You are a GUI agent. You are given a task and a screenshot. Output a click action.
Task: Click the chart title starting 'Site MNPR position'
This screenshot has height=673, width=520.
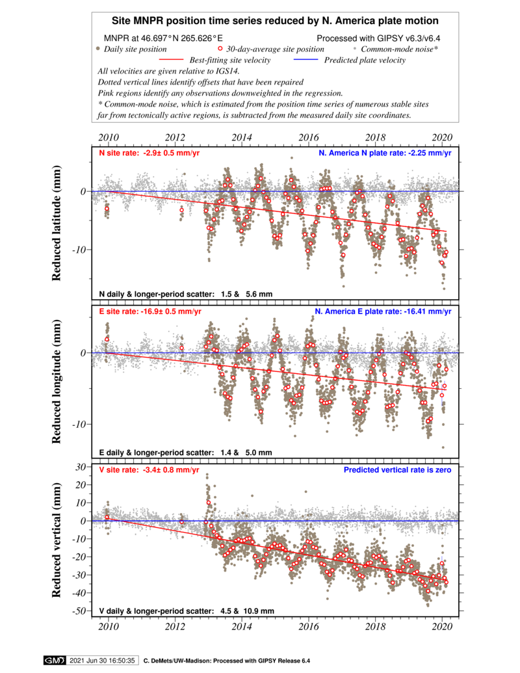(x=275, y=21)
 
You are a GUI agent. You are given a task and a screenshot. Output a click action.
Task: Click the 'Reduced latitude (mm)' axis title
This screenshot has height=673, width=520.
(x=56, y=223)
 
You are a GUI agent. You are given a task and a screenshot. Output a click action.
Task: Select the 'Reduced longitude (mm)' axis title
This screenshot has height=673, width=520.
(x=56, y=382)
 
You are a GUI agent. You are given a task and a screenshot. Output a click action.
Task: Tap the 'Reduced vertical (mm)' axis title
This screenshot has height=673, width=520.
(x=56, y=540)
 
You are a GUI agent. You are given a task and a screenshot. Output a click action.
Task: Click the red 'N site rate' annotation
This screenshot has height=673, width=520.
(x=149, y=153)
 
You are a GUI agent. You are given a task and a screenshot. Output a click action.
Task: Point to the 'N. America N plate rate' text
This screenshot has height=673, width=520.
(x=385, y=153)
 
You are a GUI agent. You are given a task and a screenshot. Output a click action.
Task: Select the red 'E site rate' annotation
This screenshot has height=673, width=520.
(x=150, y=311)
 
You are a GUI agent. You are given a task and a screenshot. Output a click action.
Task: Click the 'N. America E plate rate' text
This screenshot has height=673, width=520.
(x=383, y=311)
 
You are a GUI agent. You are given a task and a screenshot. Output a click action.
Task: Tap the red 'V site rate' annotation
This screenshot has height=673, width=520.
(x=149, y=470)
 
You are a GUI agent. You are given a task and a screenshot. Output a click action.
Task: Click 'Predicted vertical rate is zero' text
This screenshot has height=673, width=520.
(x=397, y=470)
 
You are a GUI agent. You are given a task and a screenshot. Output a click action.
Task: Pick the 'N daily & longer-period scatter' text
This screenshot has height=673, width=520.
(x=186, y=294)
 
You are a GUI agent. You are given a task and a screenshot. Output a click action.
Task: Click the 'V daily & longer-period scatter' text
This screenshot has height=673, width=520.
(x=187, y=611)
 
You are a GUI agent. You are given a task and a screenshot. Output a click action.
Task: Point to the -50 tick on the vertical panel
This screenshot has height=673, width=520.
(x=80, y=611)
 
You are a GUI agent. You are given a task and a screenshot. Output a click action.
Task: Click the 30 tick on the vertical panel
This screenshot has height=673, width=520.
(x=81, y=467)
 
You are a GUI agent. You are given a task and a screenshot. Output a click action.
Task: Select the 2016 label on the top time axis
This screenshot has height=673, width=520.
(x=309, y=137)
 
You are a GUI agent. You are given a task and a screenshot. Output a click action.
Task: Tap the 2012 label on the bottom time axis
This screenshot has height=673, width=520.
(x=175, y=626)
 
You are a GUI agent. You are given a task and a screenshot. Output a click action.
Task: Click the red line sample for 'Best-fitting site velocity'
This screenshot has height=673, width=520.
(x=171, y=60)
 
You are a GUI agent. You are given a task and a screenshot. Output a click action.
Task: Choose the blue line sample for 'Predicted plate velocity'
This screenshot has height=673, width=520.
(x=306, y=60)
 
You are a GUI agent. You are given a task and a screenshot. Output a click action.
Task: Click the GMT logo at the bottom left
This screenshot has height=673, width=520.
(x=54, y=661)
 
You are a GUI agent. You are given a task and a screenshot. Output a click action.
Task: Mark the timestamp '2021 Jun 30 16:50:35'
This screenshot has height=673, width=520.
(x=102, y=661)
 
